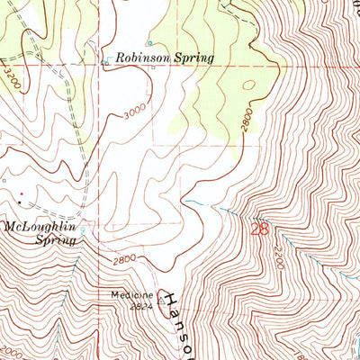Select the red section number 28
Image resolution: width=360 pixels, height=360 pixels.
[x=260, y=230]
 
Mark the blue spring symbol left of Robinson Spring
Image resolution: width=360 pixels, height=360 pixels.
[x=106, y=61]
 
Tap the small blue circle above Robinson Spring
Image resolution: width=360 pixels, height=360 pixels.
[x=149, y=42]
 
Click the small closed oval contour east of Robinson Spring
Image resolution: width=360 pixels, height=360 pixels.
[x=249, y=86]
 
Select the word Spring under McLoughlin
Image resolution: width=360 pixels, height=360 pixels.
[x=53, y=240]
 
